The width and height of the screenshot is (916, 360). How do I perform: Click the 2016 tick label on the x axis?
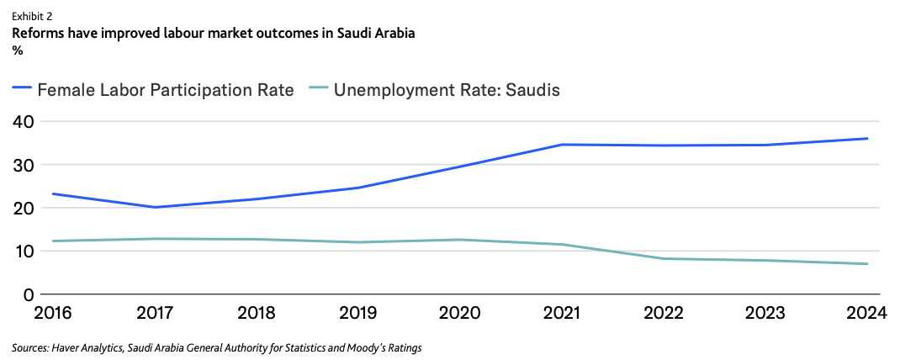[52, 314]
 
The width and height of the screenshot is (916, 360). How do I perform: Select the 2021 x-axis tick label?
[561, 314]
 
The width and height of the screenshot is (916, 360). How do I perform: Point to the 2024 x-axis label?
[866, 314]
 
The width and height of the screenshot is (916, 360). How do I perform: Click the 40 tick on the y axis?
[23, 121]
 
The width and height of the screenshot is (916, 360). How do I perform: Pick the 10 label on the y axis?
[23, 251]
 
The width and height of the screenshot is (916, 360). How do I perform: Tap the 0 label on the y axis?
[28, 294]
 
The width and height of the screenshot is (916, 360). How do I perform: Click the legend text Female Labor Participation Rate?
[166, 89]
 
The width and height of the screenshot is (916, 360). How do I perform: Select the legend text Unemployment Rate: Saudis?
[447, 89]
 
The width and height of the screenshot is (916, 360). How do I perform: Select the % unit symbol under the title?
[18, 50]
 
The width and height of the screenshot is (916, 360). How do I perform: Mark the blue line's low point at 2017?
[154, 207]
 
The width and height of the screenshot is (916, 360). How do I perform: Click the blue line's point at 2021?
[561, 145]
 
